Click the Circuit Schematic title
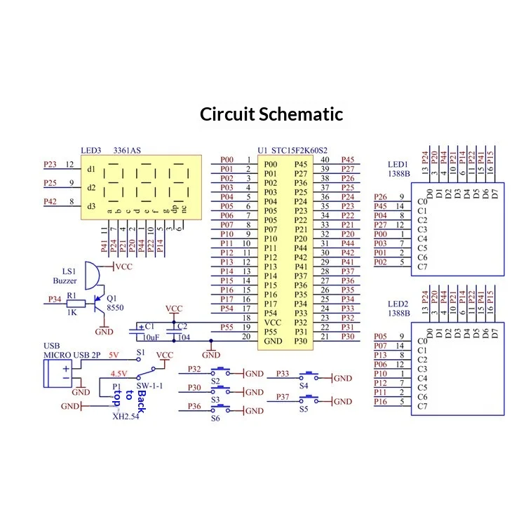click(x=271, y=114)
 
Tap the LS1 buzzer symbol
click(x=92, y=276)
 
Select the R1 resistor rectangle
click(x=76, y=304)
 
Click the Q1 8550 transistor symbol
click(x=99, y=304)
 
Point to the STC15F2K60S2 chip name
click(x=299, y=150)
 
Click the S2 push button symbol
click(x=220, y=372)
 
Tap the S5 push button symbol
click(x=309, y=400)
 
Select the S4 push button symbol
click(x=309, y=376)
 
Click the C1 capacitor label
click(x=149, y=326)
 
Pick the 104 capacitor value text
click(x=184, y=337)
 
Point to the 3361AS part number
click(x=127, y=150)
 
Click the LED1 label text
click(x=398, y=164)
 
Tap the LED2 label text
click(x=398, y=304)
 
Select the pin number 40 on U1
click(x=325, y=160)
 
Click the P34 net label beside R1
click(x=55, y=299)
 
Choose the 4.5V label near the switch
click(x=119, y=373)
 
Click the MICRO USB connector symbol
click(x=58, y=373)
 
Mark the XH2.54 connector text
click(x=126, y=417)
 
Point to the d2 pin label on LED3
click(x=91, y=187)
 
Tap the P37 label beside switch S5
click(x=283, y=397)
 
